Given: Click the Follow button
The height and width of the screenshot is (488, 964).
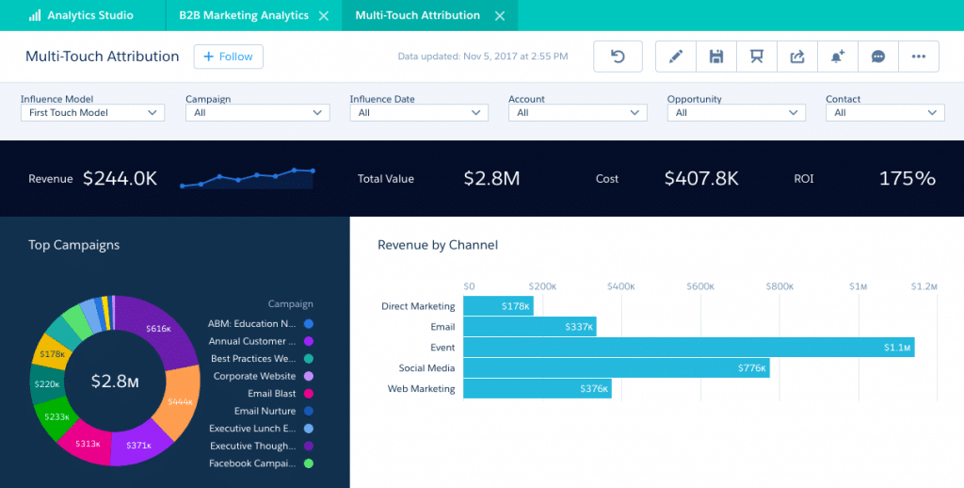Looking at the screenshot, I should click(x=228, y=57).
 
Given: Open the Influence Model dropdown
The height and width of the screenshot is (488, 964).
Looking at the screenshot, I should click(x=92, y=113).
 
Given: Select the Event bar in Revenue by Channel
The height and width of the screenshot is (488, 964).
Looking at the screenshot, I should click(x=688, y=348).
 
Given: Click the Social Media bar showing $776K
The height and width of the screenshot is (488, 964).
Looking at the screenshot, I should click(x=616, y=368).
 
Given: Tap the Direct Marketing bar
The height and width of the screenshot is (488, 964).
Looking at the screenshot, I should click(x=498, y=306).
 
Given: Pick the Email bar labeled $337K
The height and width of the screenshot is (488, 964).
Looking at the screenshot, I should click(x=529, y=327).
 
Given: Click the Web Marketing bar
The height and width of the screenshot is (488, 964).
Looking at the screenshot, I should click(x=537, y=389).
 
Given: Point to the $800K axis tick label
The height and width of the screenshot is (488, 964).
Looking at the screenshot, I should click(x=779, y=286).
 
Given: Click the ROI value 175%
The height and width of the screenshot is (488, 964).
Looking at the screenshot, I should click(x=907, y=178).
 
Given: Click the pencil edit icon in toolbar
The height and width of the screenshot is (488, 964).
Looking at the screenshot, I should click(x=675, y=57).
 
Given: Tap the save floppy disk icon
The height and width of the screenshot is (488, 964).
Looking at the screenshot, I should click(x=716, y=57).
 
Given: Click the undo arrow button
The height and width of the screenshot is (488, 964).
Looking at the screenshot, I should click(x=618, y=57).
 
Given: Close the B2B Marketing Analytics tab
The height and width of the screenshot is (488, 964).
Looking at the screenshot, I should click(x=324, y=16).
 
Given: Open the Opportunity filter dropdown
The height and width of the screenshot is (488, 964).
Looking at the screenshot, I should click(x=735, y=113).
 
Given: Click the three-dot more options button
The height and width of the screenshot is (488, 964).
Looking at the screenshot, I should click(x=919, y=57).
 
